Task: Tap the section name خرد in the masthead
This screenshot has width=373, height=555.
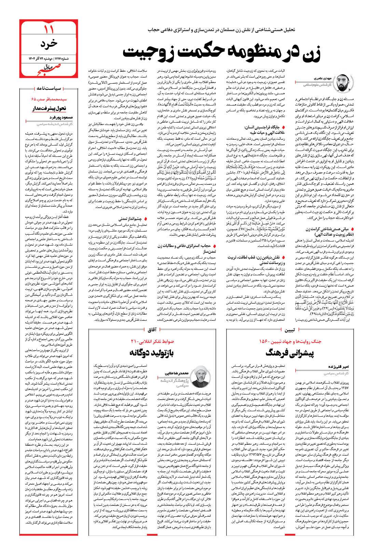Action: (x=48, y=44)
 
